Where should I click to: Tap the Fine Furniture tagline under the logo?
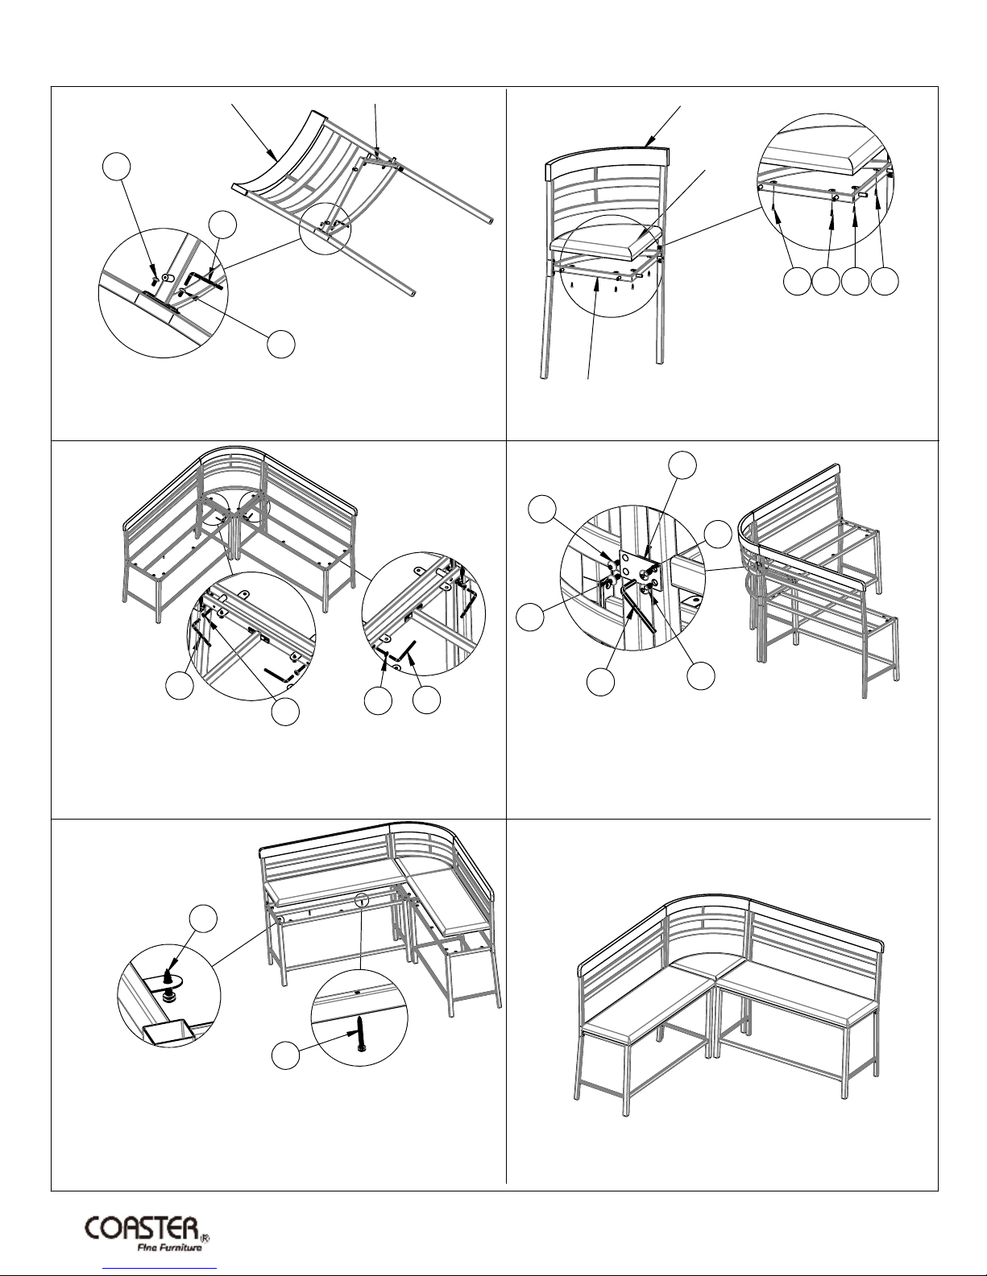(168, 1248)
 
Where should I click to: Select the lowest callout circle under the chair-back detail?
(282, 344)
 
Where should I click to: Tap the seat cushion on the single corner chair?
(604, 237)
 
